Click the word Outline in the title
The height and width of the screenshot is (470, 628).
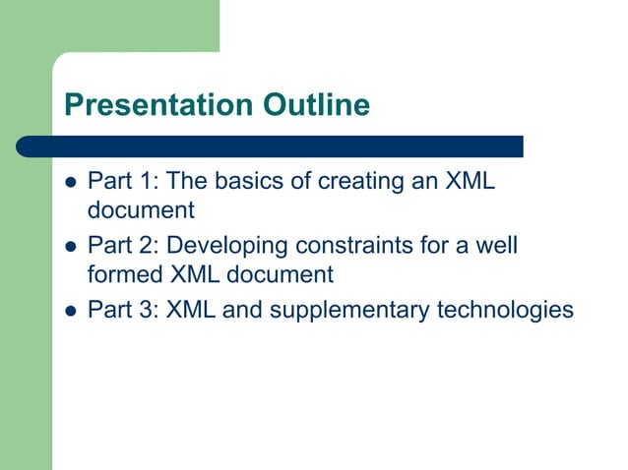(x=318, y=104)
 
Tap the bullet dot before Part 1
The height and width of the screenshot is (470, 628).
(x=70, y=182)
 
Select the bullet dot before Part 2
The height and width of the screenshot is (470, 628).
(x=70, y=246)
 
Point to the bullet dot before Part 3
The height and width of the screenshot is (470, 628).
(x=70, y=311)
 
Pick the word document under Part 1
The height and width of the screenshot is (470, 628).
(x=141, y=209)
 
